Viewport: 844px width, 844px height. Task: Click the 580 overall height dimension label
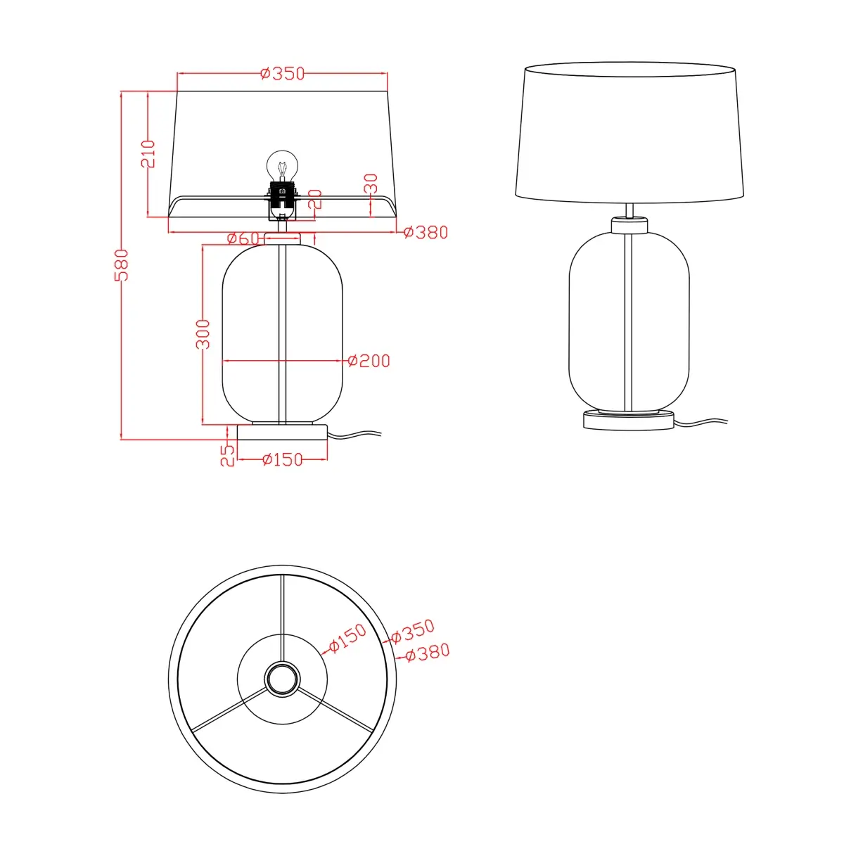click(x=121, y=265)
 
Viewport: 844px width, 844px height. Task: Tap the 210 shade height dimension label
click(x=148, y=154)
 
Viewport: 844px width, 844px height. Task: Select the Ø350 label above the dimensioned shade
click(x=282, y=74)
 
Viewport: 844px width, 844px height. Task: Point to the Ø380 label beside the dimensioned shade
click(x=426, y=232)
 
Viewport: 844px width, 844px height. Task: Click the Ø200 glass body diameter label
click(x=369, y=361)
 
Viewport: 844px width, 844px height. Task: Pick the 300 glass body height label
click(x=203, y=334)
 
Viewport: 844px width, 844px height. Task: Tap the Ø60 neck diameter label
click(x=243, y=238)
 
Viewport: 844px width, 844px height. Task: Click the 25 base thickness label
click(x=227, y=456)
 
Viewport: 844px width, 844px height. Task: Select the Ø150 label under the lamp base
click(x=282, y=459)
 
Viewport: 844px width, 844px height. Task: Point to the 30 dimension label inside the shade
click(x=371, y=184)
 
